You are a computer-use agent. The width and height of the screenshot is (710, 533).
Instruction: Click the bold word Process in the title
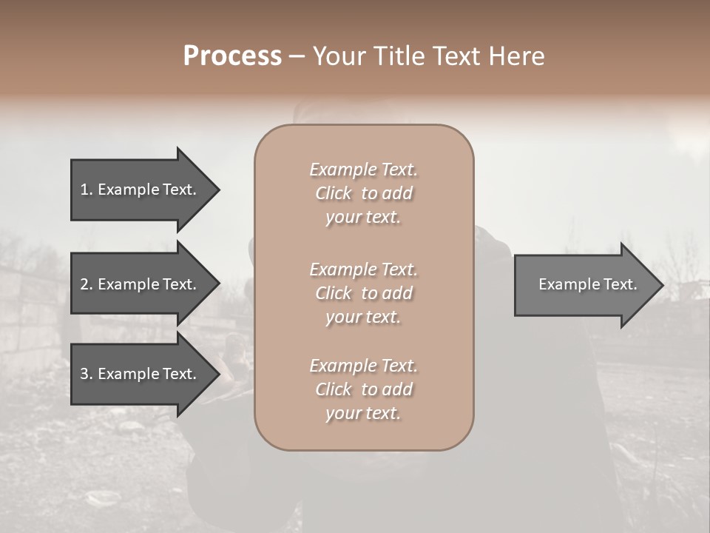tap(232, 56)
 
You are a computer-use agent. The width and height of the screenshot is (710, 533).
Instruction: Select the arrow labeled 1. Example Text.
tap(141, 190)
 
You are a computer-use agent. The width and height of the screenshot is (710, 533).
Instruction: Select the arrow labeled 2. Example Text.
tap(141, 284)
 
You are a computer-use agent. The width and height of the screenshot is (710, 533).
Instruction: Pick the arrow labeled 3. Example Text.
tap(141, 374)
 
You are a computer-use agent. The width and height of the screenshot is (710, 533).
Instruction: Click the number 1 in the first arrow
tap(84, 190)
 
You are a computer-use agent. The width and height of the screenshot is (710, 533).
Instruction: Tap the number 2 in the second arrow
tap(84, 284)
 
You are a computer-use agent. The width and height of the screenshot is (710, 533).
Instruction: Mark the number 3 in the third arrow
tap(84, 374)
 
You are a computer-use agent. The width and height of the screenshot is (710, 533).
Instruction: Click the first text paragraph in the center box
tap(363, 193)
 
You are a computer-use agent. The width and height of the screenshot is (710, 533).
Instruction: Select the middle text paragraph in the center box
tap(363, 293)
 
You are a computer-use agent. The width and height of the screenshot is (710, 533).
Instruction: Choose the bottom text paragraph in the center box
tap(363, 389)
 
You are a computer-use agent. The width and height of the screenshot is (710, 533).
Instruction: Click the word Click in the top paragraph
tap(334, 193)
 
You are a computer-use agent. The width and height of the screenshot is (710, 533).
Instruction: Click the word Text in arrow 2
tap(178, 284)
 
